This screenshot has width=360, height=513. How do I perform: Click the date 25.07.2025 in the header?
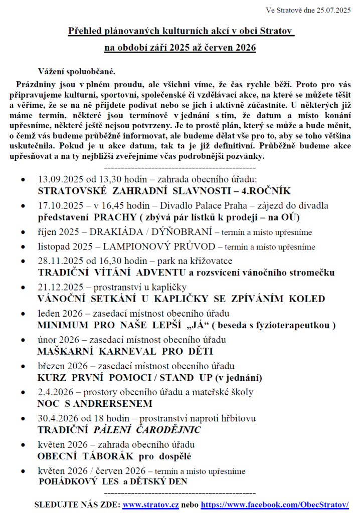(333, 10)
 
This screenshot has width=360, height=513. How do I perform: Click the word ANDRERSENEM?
(113, 403)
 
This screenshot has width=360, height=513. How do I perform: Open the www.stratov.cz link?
(151, 504)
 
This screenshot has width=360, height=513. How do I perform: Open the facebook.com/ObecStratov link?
(274, 504)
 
